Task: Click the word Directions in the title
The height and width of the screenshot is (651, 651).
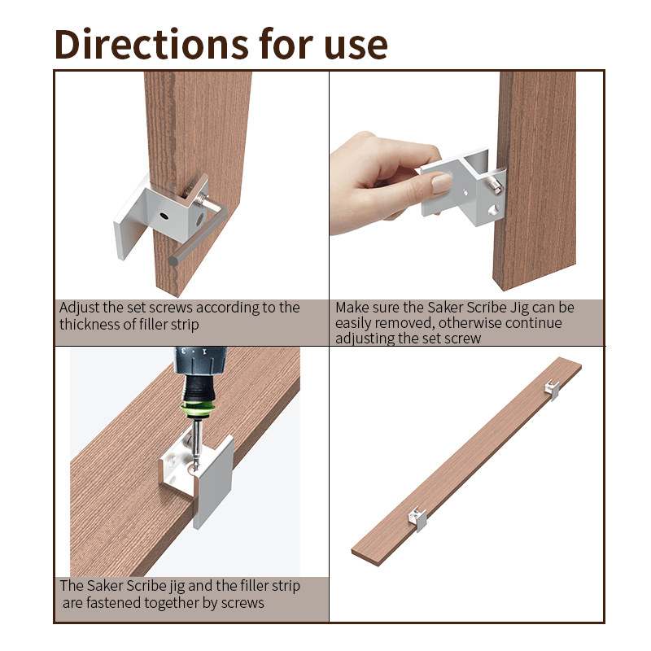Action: point(151,44)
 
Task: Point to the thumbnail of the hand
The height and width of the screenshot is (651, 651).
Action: point(441,182)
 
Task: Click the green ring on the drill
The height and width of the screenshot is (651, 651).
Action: point(198,409)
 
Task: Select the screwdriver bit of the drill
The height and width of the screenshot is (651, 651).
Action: point(195,444)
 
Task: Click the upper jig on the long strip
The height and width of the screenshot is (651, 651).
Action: point(552,390)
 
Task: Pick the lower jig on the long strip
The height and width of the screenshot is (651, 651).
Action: point(417,518)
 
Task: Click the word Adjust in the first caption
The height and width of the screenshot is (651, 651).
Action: point(79,308)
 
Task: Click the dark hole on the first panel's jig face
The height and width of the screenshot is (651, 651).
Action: point(164,216)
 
